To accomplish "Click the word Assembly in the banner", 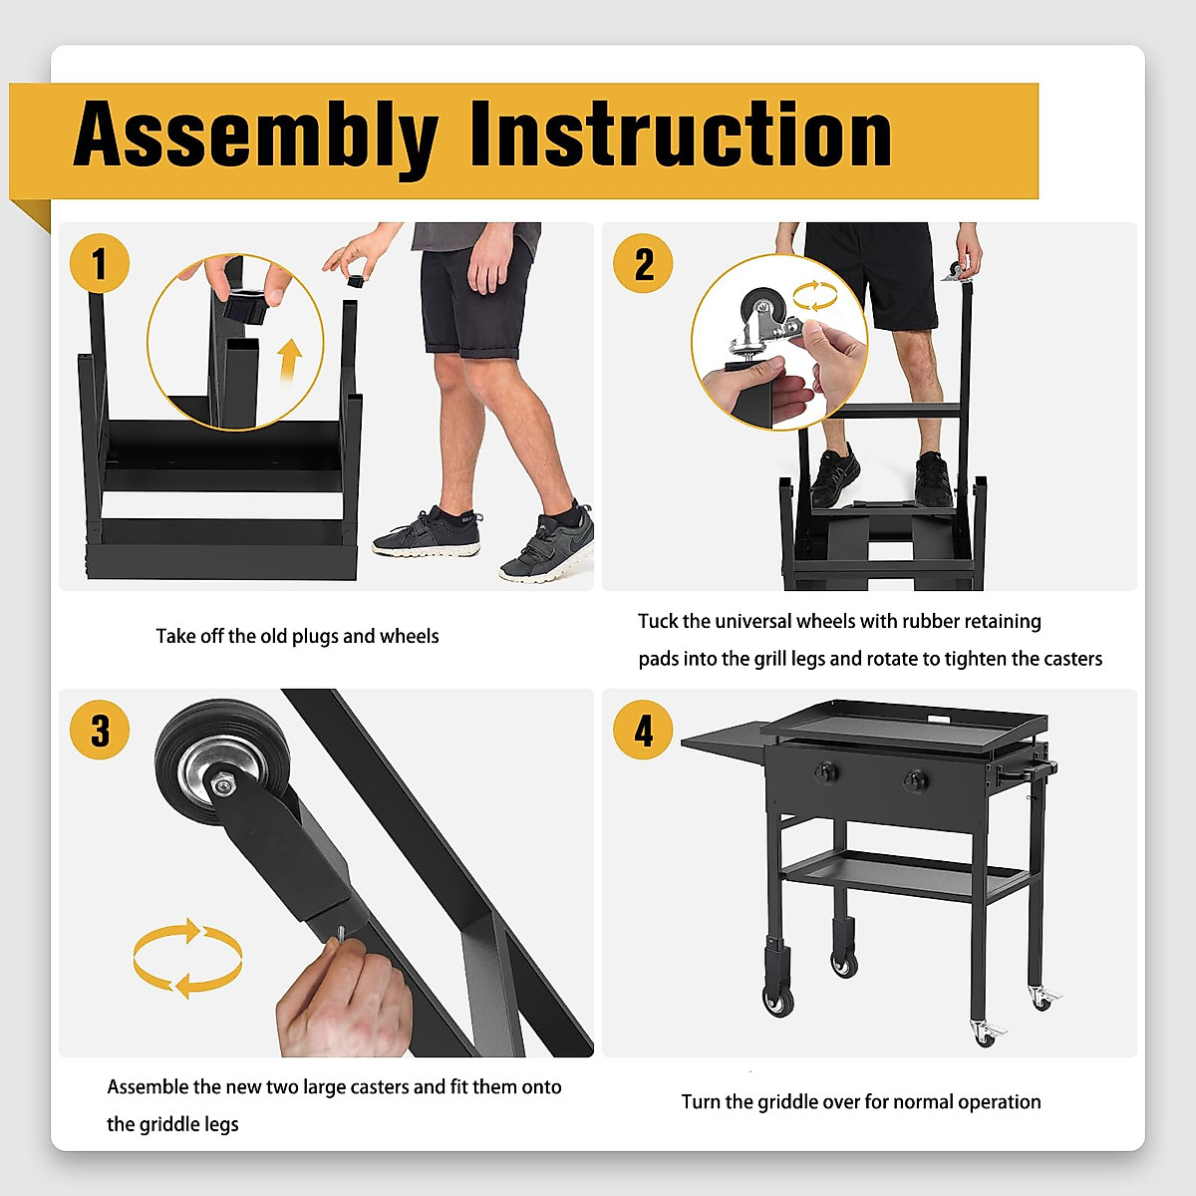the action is [x=256, y=136].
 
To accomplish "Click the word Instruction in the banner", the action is [x=681, y=135].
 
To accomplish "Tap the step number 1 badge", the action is [x=100, y=263].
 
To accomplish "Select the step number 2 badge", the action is [x=643, y=263].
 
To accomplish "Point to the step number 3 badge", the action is [x=100, y=730].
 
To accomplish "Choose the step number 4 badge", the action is [x=643, y=730].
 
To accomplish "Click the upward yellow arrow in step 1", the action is [x=289, y=360].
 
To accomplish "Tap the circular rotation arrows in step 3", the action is [x=187, y=958].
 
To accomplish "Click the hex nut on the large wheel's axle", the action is [x=221, y=786].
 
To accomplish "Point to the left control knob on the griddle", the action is [x=825, y=772].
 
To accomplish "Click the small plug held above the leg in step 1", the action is [x=355, y=280].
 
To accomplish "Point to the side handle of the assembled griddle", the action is [x=1026, y=770].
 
